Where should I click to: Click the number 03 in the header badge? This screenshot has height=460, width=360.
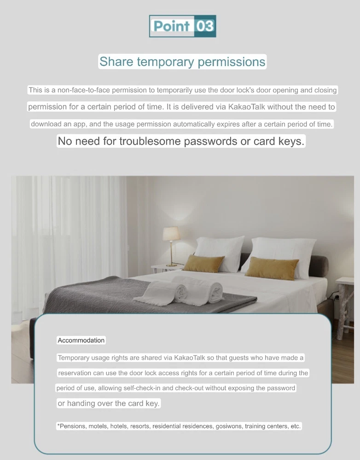pos(205,26)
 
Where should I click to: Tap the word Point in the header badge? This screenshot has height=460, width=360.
pos(171,26)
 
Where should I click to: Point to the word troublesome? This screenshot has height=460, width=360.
pos(150,141)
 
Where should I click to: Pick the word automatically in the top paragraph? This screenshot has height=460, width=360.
pos(187,124)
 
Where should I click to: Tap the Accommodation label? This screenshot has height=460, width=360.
pos(81,340)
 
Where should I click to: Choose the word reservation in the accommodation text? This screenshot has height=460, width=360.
pos(75,373)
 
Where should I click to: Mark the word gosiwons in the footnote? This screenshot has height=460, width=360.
pos(229,426)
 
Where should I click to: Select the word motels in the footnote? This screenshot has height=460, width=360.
pos(98,426)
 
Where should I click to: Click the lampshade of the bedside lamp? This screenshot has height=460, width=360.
pos(171,234)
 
